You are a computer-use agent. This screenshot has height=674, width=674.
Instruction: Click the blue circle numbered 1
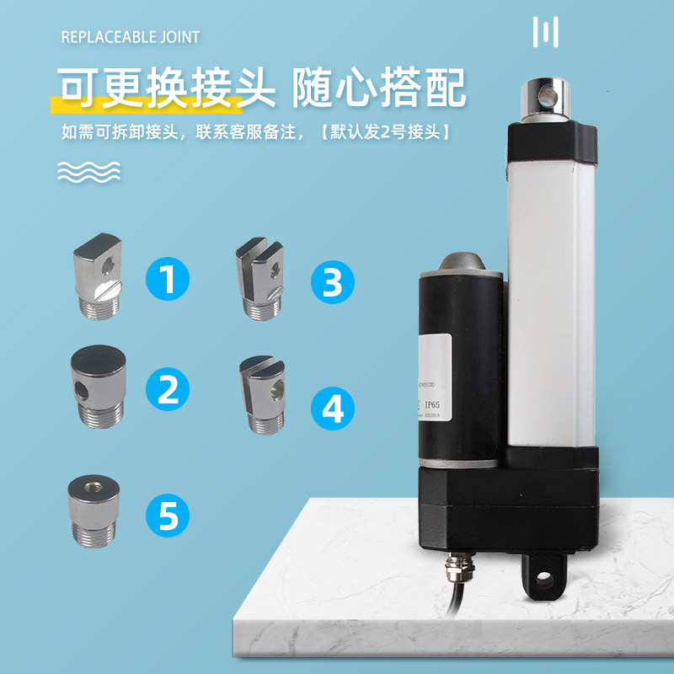coord(168,279)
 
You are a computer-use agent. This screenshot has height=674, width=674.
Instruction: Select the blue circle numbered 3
coord(333,283)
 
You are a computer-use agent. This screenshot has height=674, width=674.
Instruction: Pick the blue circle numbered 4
coord(333,409)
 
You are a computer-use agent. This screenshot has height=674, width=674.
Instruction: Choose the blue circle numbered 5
coord(168,515)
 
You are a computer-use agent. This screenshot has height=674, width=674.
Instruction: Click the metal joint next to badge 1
coord(99,275)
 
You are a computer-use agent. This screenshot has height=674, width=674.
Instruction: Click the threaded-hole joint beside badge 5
coord(94,505)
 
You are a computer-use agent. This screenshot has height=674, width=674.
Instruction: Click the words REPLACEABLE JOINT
coord(131,37)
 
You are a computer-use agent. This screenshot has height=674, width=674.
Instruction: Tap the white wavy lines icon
coord(88,171)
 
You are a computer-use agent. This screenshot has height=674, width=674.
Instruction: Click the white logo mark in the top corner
coord(546,33)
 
